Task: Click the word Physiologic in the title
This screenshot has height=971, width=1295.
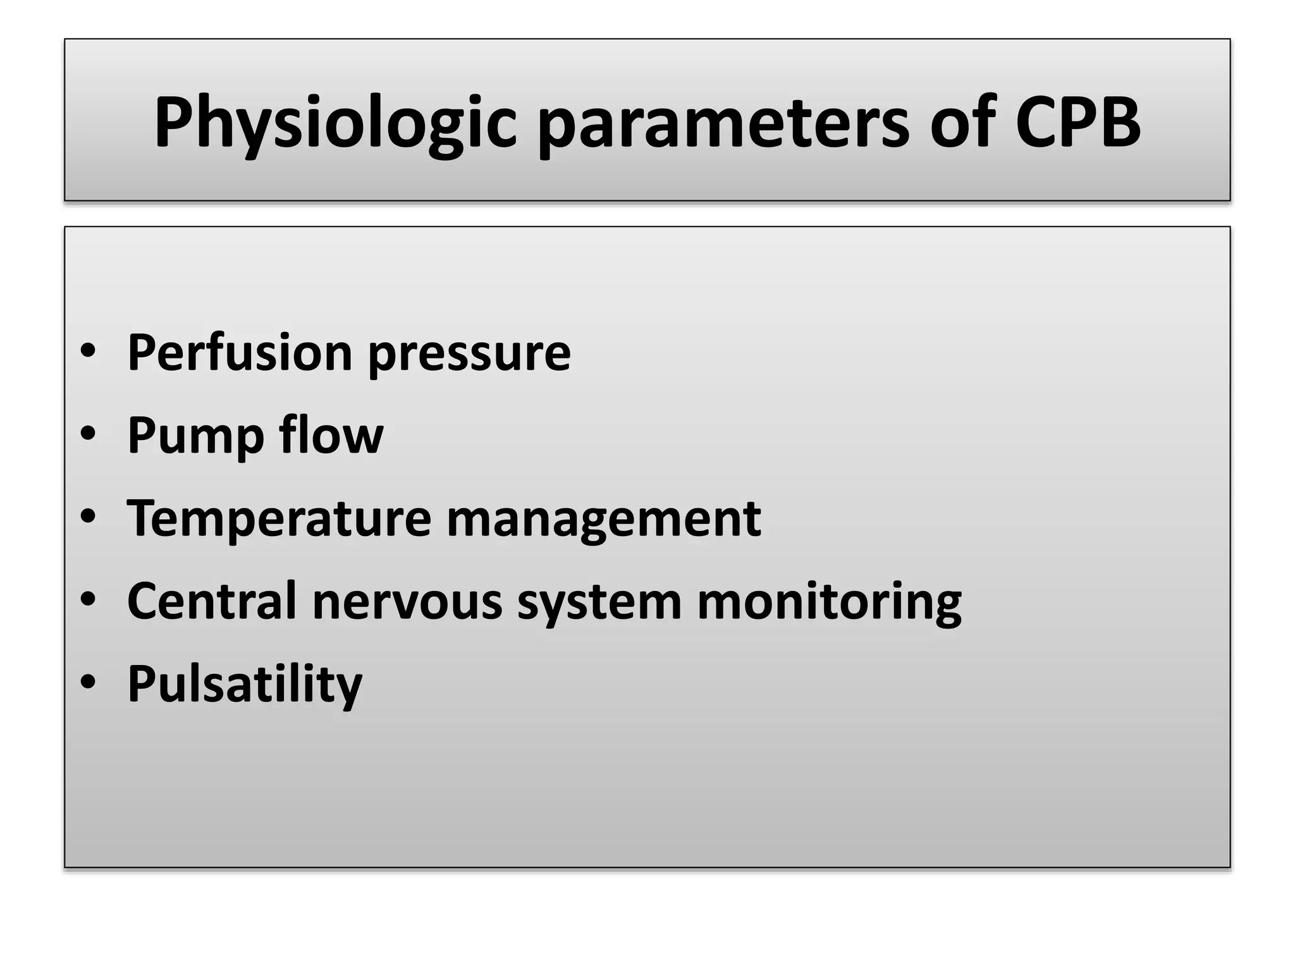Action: pyautogui.click(x=335, y=123)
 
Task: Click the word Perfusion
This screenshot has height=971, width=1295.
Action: pyautogui.click(x=240, y=352)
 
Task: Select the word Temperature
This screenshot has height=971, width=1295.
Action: pyautogui.click(x=279, y=519)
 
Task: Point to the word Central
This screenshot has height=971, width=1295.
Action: pyautogui.click(x=211, y=601)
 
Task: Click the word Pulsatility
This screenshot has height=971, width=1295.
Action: pyautogui.click(x=245, y=685)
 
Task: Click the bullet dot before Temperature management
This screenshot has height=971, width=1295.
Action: pyautogui.click(x=88, y=517)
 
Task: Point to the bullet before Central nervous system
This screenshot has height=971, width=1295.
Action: pyautogui.click(x=88, y=600)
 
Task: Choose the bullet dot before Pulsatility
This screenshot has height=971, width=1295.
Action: pyautogui.click(x=88, y=683)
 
